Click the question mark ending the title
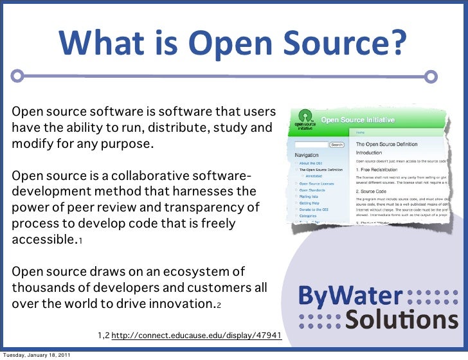pyautogui.click(x=399, y=43)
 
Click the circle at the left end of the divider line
pyautogui.click(x=17, y=76)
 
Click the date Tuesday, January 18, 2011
pyautogui.click(x=36, y=355)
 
